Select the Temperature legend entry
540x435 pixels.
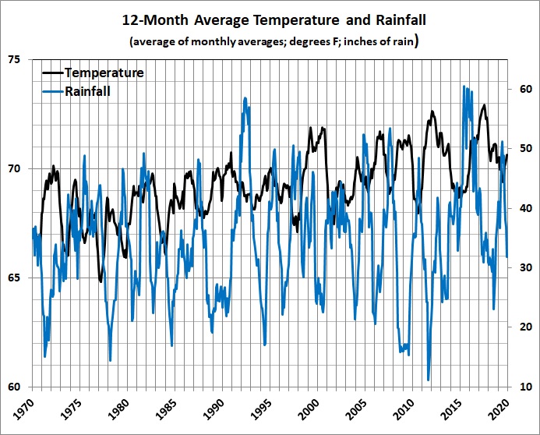coord(104,73)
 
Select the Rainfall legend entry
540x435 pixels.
coord(87,91)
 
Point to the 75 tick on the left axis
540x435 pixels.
coord(15,60)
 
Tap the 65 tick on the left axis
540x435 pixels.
coord(15,278)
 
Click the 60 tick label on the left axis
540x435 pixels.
coord(15,387)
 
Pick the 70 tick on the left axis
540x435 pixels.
coord(15,169)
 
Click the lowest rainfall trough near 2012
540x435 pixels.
coord(429,380)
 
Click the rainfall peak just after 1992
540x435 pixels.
coord(245,99)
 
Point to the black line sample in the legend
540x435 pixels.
coord(51,73)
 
